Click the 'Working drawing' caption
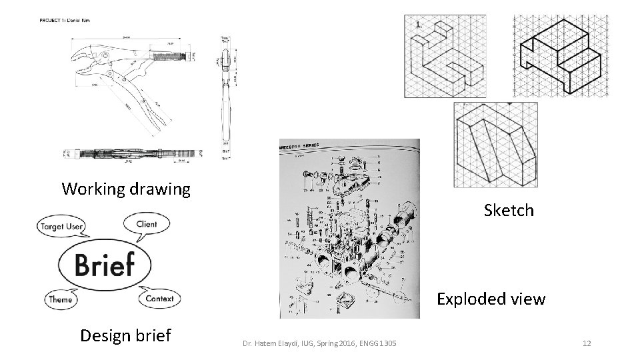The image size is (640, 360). pos(126,189)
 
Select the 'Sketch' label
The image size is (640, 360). pos(509,211)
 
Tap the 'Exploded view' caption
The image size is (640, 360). pos(491,299)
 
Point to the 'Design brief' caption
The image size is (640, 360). pos(125,335)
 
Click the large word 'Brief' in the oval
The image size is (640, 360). pos(105,264)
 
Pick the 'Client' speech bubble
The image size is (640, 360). pos(146,224)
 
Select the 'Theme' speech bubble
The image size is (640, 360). pos(60,299)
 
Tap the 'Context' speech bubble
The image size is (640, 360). pos(159,299)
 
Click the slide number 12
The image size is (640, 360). pos(587,343)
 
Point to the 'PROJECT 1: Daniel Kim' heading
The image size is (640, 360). pos(64,20)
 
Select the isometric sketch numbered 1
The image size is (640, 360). pos(445,57)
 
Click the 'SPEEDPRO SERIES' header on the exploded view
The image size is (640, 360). pos(307,145)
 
